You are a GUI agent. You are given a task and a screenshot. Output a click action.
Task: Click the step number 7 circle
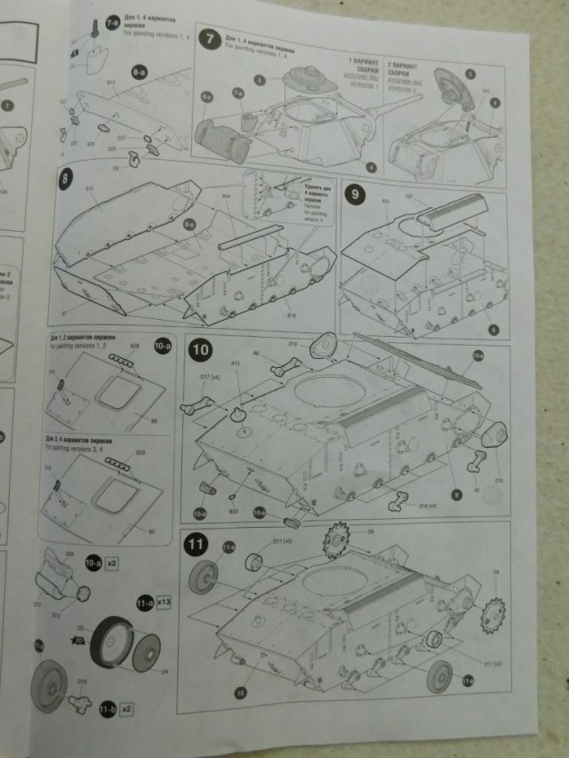[x=209, y=39]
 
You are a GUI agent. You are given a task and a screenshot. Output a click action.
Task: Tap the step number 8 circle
[x=66, y=178]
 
